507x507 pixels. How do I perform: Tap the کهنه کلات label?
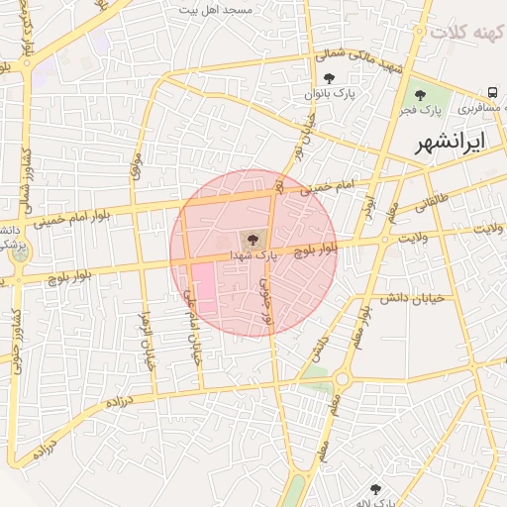[466, 33]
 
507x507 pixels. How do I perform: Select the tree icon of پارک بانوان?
[330, 78]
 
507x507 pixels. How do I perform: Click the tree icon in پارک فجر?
[421, 96]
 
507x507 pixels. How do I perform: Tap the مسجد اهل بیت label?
[216, 9]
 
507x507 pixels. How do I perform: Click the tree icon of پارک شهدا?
[252, 239]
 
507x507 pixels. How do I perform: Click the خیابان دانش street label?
[410, 296]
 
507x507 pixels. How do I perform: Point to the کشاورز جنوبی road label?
[14, 337]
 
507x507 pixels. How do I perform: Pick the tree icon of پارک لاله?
[375, 488]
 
